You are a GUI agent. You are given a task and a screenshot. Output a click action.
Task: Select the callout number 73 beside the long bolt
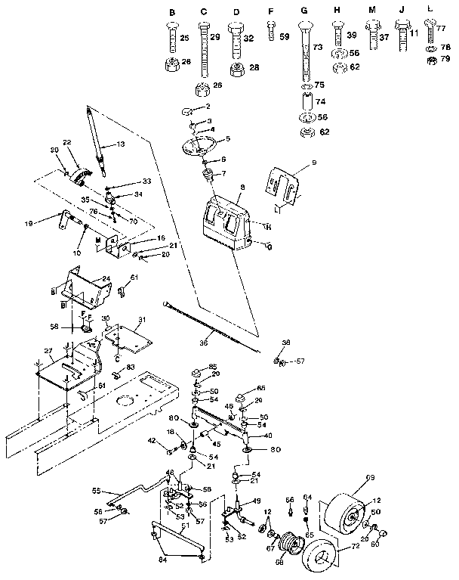(x=317, y=48)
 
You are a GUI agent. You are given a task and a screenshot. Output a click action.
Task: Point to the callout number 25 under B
(x=185, y=37)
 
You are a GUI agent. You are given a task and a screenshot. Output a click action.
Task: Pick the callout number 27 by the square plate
(x=48, y=351)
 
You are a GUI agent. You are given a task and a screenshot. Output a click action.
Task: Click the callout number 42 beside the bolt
(x=151, y=440)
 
